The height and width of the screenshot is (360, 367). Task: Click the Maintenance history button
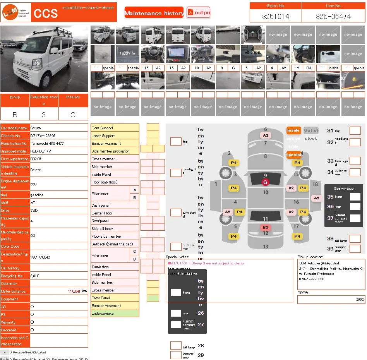pyautogui.click(x=154, y=13)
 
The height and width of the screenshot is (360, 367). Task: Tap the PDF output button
pyautogui.click(x=198, y=12)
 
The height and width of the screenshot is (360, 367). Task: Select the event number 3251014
pyautogui.click(x=275, y=17)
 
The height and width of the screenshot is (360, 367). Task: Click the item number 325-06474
pyautogui.click(x=333, y=17)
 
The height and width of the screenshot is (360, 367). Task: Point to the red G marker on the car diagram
pyautogui.click(x=265, y=182)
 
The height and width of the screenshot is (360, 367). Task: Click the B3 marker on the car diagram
pyautogui.click(x=265, y=228)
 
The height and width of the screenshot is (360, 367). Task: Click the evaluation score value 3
pyautogui.click(x=44, y=115)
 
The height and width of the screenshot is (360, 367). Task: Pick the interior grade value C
pyautogui.click(x=73, y=115)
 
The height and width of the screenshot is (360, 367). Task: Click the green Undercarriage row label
pyautogui.click(x=115, y=313)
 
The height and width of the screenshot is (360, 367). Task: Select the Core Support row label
pyautogui.click(x=115, y=128)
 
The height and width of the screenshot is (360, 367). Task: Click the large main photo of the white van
pyautogui.click(x=44, y=59)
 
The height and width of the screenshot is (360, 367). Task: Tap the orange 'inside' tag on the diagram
pyautogui.click(x=293, y=130)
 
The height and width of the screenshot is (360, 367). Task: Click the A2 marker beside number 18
pyautogui.click(x=317, y=198)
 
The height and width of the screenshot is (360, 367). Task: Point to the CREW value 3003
pyautogui.click(x=360, y=300)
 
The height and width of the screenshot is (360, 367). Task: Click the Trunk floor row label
pyautogui.click(x=115, y=267)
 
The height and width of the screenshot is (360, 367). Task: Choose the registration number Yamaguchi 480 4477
pyautogui.click(x=48, y=143)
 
